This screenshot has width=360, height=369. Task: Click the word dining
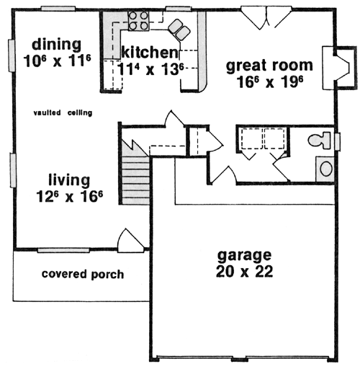click(x=57, y=45)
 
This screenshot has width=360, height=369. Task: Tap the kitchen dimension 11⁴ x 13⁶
click(x=150, y=70)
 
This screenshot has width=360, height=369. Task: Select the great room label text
click(x=269, y=66)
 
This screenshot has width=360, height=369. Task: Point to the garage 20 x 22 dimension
click(x=244, y=272)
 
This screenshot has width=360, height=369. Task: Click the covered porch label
click(x=83, y=274)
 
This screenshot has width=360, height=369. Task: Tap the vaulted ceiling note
click(x=63, y=112)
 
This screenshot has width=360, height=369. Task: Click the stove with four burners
click(x=138, y=21)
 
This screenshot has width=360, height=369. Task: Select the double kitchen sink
click(x=179, y=30)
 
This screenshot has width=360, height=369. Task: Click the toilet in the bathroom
click(x=319, y=141)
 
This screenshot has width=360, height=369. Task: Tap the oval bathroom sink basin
click(x=326, y=169)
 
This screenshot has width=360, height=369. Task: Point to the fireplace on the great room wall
click(x=338, y=68)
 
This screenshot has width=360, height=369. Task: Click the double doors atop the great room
click(x=266, y=18)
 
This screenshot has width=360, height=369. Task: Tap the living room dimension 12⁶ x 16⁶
click(x=69, y=197)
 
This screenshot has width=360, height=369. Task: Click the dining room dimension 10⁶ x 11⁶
click(x=57, y=61)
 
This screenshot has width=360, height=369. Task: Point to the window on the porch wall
click(x=63, y=250)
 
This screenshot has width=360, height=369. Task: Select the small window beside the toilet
click(x=338, y=142)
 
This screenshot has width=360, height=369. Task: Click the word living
click(x=69, y=180)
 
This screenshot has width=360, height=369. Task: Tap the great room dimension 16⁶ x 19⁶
click(x=270, y=82)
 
